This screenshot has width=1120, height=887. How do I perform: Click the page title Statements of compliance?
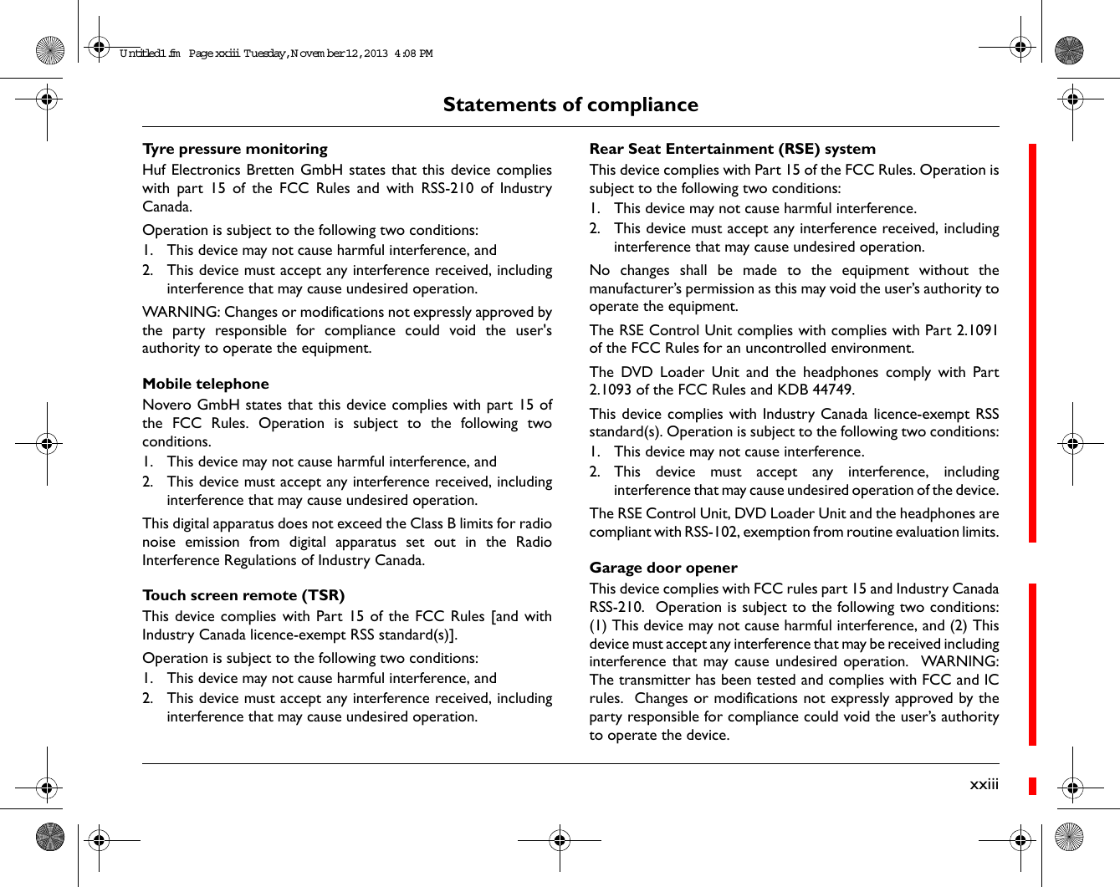pos(570,105)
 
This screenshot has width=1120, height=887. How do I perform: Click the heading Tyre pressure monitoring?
pos(235,149)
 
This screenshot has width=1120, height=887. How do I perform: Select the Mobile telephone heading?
pos(206,384)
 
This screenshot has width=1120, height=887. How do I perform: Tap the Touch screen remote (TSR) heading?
pos(243,595)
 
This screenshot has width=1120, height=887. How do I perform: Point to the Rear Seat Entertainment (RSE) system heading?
pos(732,149)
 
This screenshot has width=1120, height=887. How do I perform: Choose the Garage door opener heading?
pos(663,568)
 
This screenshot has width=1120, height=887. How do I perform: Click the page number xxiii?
pos(984,784)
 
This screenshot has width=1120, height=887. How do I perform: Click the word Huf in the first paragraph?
pos(154,170)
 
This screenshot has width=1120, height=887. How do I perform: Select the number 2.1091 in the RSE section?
pos(977,330)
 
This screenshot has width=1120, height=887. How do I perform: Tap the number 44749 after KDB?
pos(832,390)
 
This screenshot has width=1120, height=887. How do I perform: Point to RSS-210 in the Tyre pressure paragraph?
pos(447,188)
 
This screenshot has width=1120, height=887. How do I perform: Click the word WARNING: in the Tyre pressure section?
pos(181,312)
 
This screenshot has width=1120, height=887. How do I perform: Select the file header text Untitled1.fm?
pos(150,54)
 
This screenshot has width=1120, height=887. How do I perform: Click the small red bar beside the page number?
pos(1032,786)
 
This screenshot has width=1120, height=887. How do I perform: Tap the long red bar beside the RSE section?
pos(1032,343)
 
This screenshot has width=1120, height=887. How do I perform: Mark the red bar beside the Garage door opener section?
pos(1032,664)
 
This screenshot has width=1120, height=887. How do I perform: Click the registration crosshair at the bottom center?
pos(560,840)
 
